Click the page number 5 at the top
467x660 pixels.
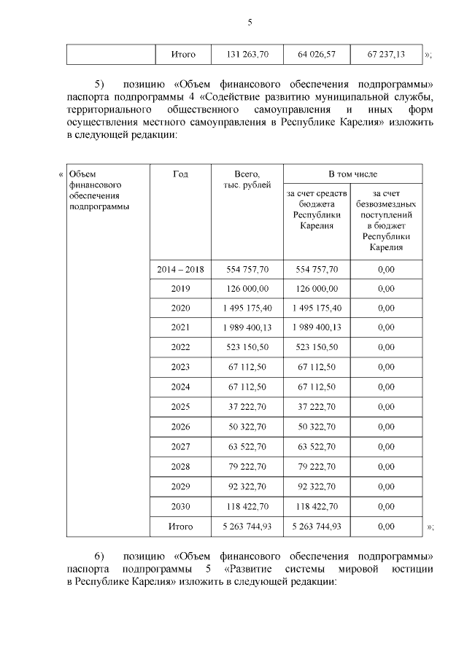coord(249,22)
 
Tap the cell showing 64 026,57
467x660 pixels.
coord(317,54)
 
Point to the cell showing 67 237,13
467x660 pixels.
coord(385,54)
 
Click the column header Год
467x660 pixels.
coord(180,174)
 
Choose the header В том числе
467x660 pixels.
coord(351,174)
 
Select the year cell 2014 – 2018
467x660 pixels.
coord(180,269)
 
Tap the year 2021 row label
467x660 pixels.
coord(180,327)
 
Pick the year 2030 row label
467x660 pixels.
coord(180,505)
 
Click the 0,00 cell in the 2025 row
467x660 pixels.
coord(385,406)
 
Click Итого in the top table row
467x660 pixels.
coord(182,54)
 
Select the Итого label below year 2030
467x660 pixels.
coord(180,525)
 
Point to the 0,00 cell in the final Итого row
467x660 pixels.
coord(385,525)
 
